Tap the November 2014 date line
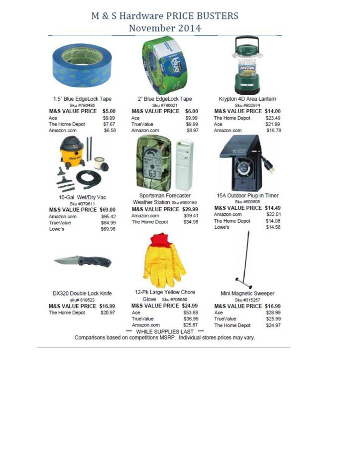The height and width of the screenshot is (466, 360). point(165,28)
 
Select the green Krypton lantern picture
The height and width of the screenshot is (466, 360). point(248,65)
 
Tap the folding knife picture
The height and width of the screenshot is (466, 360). point(83,261)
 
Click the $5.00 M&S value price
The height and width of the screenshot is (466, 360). point(109,111)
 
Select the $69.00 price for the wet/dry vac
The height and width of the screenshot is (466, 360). point(107,210)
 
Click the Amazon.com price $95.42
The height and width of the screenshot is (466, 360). point(108,217)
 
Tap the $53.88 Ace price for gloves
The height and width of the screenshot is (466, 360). point(191,312)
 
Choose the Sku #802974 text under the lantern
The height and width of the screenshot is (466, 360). point(247,105)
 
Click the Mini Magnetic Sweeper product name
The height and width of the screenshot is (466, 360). point(247,294)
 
